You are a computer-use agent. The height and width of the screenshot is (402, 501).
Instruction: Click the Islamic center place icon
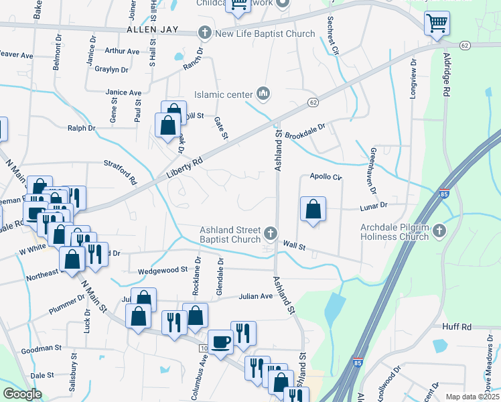tap(263, 94)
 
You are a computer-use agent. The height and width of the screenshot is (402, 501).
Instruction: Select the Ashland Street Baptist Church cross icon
tap(271, 233)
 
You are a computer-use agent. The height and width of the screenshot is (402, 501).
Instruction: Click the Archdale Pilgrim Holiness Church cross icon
tap(439, 231)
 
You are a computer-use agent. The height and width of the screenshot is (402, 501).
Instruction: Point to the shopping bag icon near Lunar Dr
tap(313, 210)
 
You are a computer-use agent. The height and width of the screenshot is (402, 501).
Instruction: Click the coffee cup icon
tap(220, 342)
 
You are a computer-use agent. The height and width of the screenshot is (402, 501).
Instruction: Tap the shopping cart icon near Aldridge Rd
tap(437, 23)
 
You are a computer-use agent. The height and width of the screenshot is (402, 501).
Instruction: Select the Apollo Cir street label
tap(326, 178)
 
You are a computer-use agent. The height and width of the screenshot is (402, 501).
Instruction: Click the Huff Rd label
tap(457, 327)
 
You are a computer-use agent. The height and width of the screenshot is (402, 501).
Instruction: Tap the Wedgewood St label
tap(163, 270)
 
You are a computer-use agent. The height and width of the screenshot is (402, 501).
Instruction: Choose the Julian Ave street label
tap(256, 296)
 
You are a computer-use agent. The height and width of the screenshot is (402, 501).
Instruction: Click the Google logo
tap(22, 394)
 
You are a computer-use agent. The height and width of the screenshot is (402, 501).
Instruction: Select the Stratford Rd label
tap(121, 172)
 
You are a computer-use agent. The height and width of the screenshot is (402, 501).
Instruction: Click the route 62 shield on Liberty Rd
tap(313, 102)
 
